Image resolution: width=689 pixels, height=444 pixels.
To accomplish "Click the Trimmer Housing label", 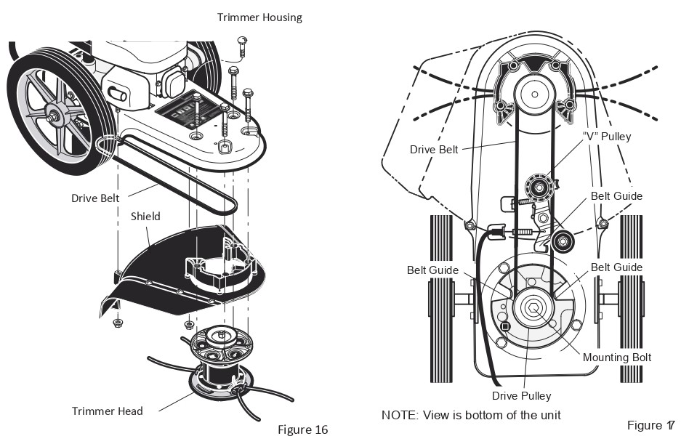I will point(259,17).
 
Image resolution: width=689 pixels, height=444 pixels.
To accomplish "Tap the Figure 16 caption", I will point(302,429).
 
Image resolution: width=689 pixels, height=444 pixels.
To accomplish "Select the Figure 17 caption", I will point(650,424).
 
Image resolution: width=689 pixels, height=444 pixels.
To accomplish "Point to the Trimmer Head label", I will point(107,411).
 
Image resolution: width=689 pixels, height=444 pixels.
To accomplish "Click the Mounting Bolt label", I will point(616,357).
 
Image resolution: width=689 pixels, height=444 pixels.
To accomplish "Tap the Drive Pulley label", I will point(521,396).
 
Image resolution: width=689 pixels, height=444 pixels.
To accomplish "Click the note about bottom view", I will point(470,415).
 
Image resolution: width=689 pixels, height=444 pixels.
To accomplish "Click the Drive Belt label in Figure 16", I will point(94,198).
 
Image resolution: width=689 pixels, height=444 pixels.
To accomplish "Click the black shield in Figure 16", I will point(167,269).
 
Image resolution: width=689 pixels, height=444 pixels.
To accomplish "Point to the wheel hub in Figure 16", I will point(55,113).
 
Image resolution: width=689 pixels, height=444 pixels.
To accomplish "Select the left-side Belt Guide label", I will point(432,270).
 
